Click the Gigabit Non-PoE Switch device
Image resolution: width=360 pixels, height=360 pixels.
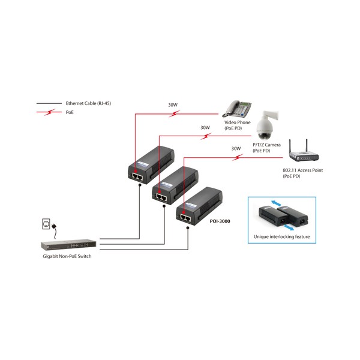click(67, 245)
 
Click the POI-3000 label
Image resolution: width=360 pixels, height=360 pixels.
click(220, 221)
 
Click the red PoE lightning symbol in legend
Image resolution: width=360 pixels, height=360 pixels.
click(50, 112)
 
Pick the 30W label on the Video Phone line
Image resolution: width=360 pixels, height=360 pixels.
click(173, 105)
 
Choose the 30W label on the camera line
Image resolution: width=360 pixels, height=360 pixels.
click(205, 127)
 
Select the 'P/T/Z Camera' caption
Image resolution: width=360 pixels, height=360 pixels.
click(266, 145)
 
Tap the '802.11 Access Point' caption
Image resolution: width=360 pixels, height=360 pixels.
click(303, 170)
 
